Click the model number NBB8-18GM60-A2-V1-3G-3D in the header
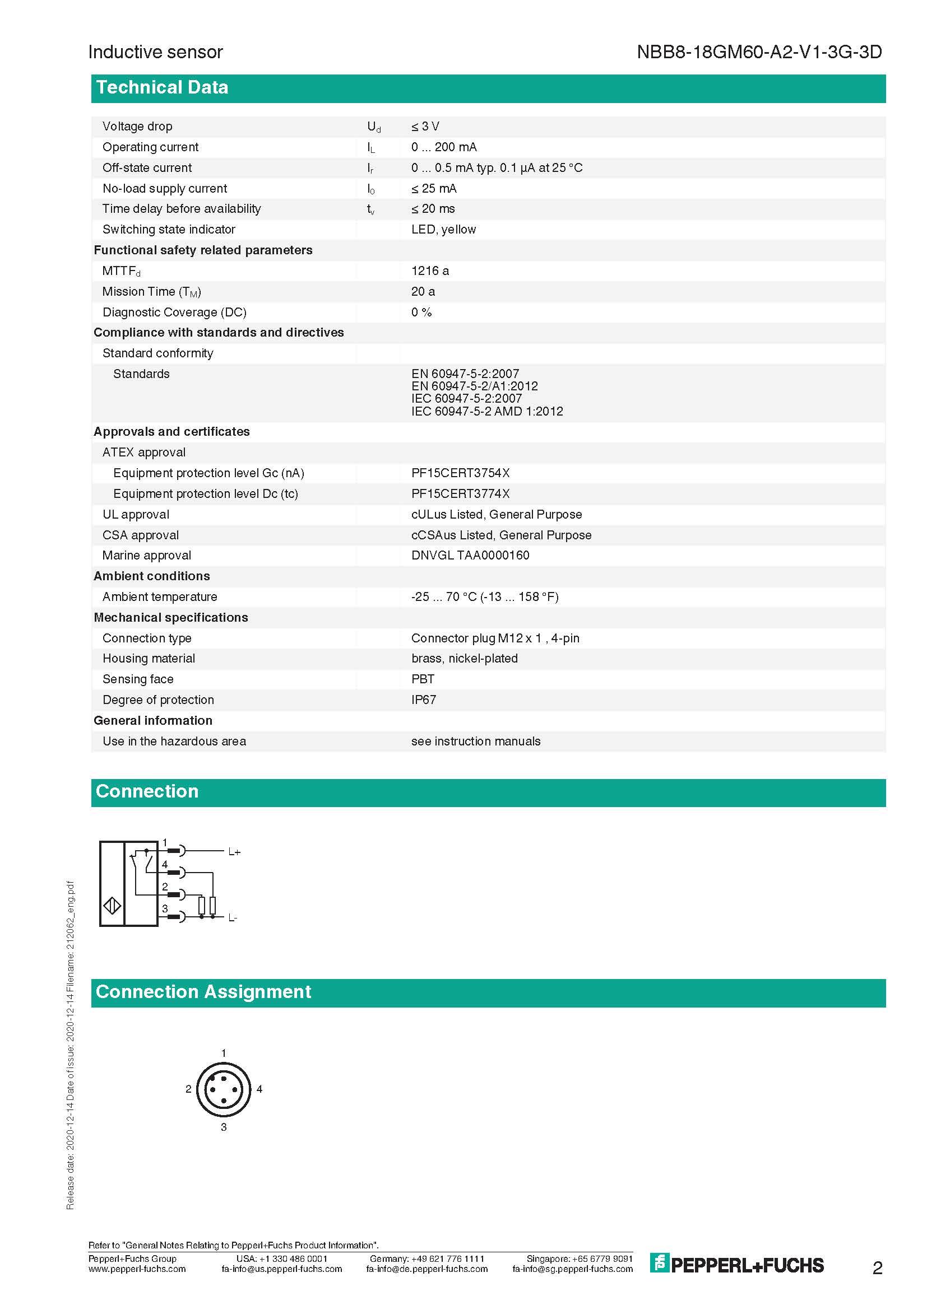click(x=759, y=52)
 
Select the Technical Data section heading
click(x=162, y=87)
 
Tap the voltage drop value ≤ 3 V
click(x=425, y=126)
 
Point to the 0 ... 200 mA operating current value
click(x=443, y=147)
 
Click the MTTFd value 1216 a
click(x=430, y=271)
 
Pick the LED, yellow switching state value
click(x=443, y=230)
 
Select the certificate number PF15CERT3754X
click(x=460, y=473)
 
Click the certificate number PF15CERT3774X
click(x=460, y=493)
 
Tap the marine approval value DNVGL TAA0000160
click(x=470, y=555)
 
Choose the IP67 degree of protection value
click(x=424, y=700)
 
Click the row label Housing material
click(x=149, y=659)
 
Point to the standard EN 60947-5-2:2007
click(x=465, y=374)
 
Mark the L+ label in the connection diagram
click(x=234, y=852)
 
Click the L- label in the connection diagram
click(x=233, y=918)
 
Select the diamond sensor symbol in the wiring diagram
click(x=112, y=906)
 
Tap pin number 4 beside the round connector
click(x=259, y=1089)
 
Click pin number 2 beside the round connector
click(x=188, y=1089)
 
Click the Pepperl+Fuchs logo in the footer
click(x=736, y=1265)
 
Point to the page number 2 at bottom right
click(x=877, y=1268)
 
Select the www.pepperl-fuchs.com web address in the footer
click(x=137, y=1269)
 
